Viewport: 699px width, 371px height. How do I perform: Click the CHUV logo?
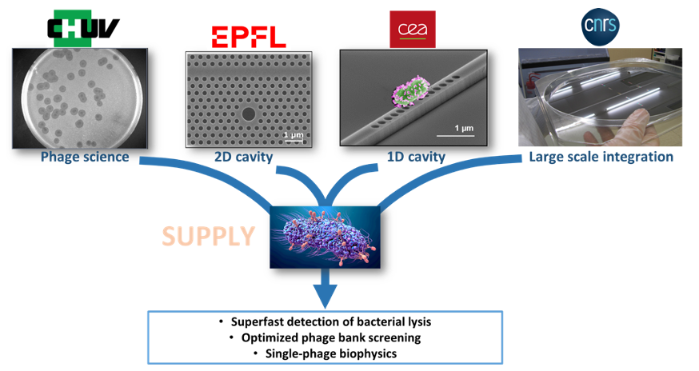point(83,26)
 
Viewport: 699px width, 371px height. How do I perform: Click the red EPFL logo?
point(249,37)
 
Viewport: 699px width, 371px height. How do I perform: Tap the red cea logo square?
point(412,30)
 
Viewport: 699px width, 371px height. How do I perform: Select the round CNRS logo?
point(599,24)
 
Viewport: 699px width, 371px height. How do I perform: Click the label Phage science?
point(84,157)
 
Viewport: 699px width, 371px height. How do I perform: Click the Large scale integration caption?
point(601,157)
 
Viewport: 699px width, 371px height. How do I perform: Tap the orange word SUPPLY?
point(209,235)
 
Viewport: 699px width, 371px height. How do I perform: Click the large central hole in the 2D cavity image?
point(249,114)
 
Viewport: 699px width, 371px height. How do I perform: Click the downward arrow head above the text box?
point(326,297)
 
